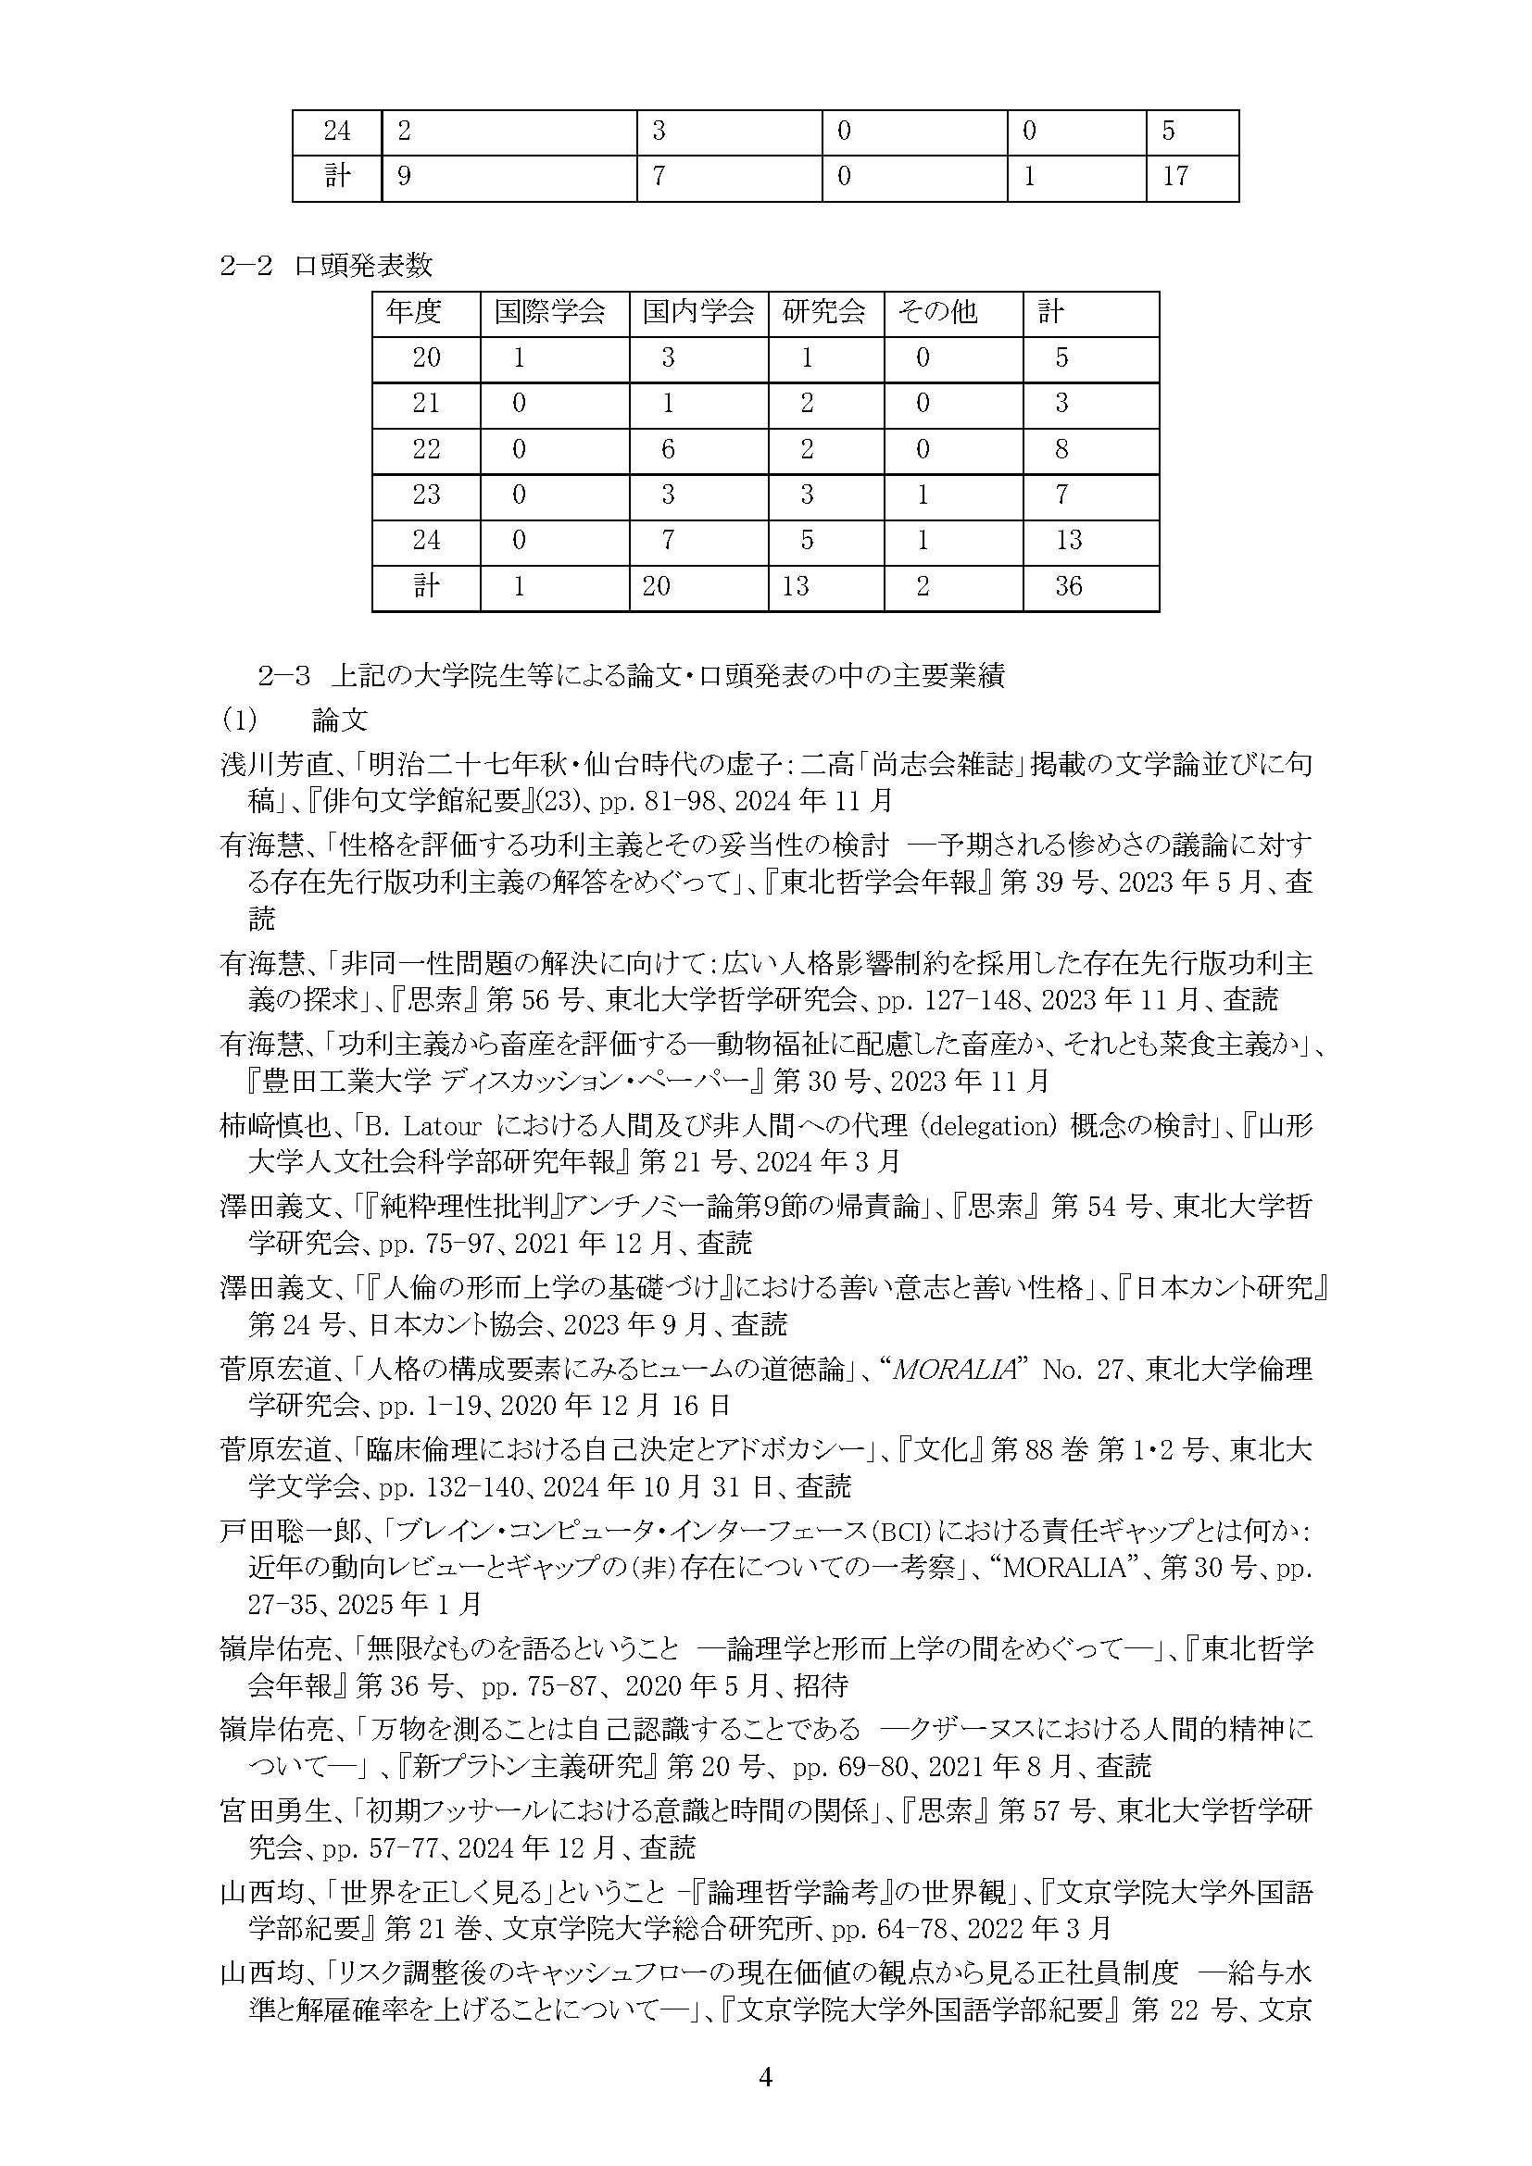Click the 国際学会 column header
[549, 311]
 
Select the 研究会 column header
[823, 311]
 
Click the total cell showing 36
[1069, 587]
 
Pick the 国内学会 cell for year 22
[668, 449]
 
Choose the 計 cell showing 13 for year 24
[1069, 541]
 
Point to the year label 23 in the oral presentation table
[426, 495]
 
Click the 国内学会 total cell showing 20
[657, 587]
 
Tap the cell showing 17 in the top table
[1175, 177]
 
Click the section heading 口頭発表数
[363, 266]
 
